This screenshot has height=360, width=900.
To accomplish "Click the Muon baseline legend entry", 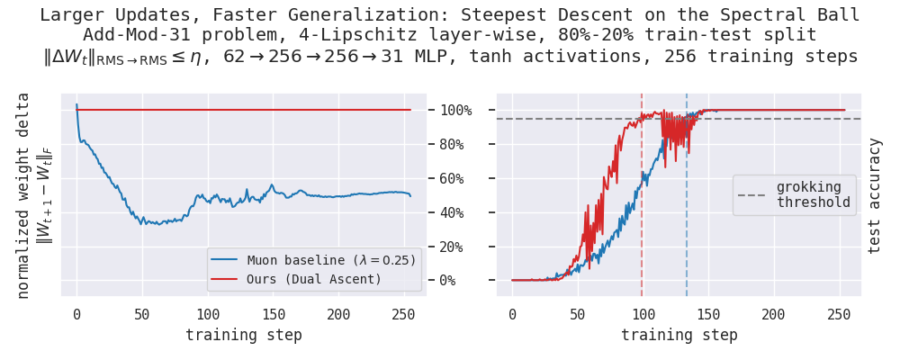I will tap(313, 260).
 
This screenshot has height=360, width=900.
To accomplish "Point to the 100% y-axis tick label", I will tap(455, 110).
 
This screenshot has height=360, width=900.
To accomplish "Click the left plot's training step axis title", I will tap(243, 335).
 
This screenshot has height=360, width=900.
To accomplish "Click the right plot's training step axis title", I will tap(679, 335).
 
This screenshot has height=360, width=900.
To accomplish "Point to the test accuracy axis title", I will tap(874, 195).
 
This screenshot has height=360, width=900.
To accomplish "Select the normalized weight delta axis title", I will tap(24, 195).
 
